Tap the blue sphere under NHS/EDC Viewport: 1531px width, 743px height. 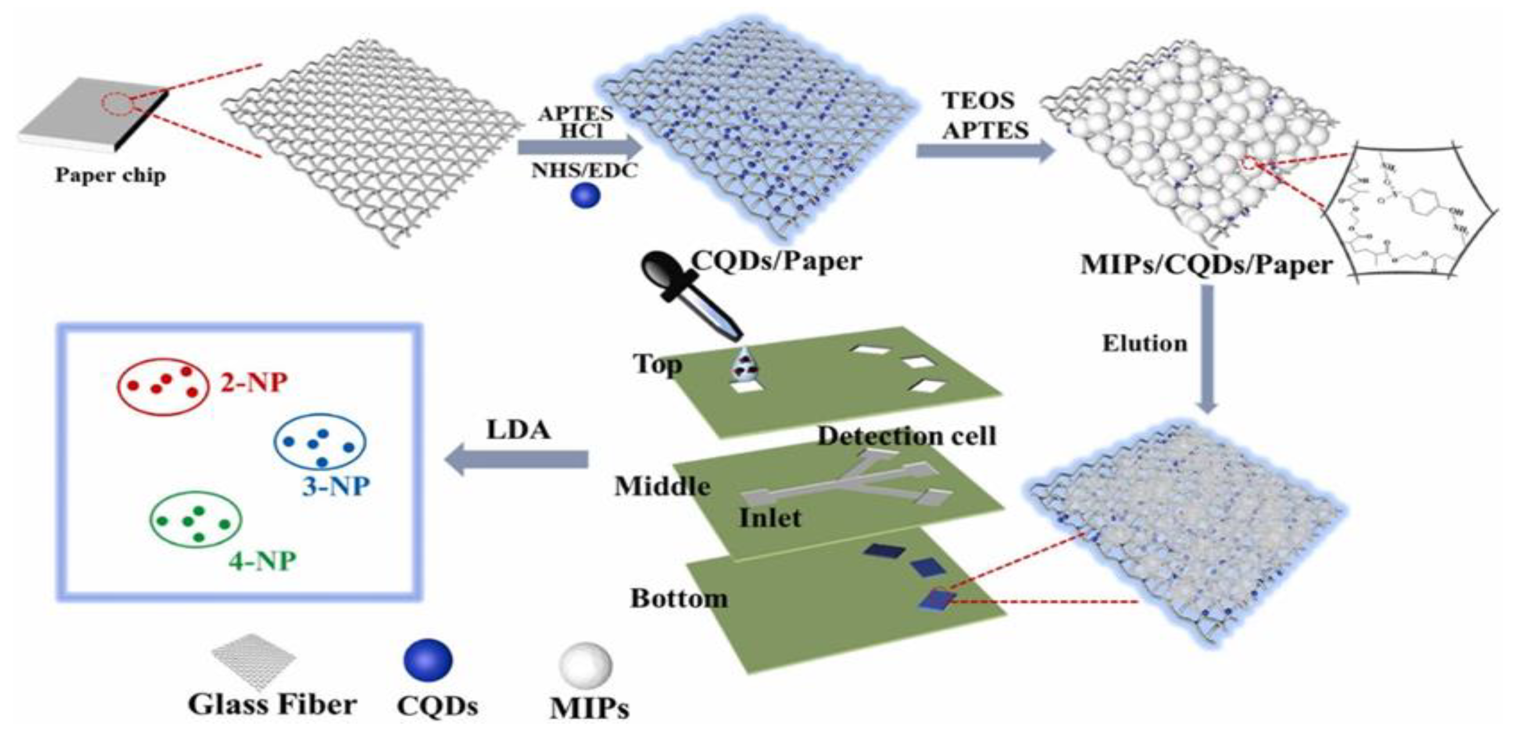(586, 196)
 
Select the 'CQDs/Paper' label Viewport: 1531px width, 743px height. (776, 261)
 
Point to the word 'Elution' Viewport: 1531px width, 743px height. (1145, 343)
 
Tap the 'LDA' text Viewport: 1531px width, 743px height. (518, 429)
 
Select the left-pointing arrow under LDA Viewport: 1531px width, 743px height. (517, 459)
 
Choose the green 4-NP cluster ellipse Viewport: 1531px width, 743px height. (196, 519)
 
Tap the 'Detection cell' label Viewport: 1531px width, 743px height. (906, 436)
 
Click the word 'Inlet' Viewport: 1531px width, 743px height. (770, 518)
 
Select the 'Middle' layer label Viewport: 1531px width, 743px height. (662, 487)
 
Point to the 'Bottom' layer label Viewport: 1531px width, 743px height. (679, 598)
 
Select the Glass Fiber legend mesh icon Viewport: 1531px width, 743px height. (254, 659)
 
